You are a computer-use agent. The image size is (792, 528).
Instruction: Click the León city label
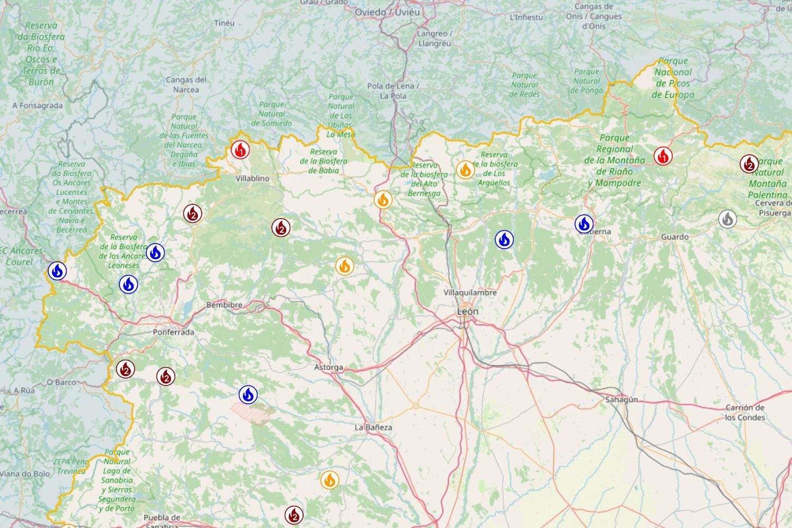point(467,312)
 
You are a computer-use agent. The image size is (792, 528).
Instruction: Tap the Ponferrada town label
point(173,332)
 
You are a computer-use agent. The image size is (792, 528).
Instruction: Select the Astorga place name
point(328,367)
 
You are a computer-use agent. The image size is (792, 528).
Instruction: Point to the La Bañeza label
point(373,427)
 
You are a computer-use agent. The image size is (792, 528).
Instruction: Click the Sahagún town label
point(621,400)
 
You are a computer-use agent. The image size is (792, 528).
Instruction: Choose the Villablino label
point(252,178)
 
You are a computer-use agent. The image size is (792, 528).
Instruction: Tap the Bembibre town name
point(224,305)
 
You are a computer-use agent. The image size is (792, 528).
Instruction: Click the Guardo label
point(674,237)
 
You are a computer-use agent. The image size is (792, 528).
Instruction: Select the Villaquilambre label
point(470,292)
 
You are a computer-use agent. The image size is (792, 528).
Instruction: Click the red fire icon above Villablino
point(240,150)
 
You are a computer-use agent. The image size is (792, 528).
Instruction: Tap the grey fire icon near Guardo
point(728,219)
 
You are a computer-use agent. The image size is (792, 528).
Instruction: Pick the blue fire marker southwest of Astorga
point(248,394)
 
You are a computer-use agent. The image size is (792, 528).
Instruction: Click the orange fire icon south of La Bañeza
point(329,480)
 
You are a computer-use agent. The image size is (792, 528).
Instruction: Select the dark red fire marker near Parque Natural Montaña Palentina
point(749,164)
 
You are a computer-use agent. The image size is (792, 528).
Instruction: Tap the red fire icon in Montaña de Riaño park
point(663,156)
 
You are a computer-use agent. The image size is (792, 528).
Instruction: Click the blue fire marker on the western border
point(57,271)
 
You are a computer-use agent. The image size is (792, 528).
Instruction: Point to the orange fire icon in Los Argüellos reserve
point(465,169)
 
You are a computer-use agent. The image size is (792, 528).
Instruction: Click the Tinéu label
point(224,23)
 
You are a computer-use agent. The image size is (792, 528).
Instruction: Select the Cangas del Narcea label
point(186,84)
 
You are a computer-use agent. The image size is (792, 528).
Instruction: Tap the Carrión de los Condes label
point(744,412)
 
